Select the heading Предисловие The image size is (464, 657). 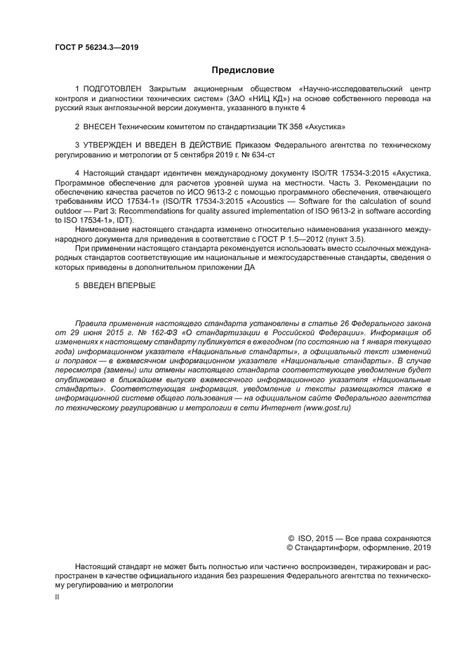[x=244, y=70]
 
